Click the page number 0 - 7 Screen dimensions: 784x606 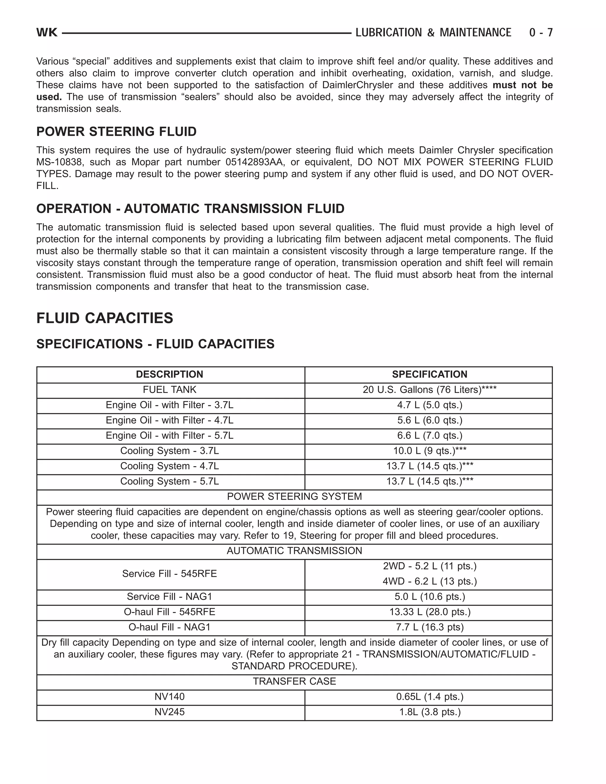click(541, 33)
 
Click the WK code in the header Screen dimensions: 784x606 click(47, 33)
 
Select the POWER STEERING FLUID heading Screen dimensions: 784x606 click(116, 132)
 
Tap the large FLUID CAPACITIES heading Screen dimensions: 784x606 click(104, 318)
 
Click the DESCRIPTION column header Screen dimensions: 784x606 click(170, 375)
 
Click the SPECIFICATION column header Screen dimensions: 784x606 click(429, 375)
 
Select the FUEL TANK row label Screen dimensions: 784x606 click(170, 390)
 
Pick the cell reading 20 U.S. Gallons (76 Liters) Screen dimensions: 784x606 click(429, 390)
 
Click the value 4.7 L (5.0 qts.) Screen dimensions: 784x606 click(429, 405)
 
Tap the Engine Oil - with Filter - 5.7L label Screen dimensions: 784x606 click(170, 436)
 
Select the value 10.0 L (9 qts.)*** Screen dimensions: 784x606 click(429, 451)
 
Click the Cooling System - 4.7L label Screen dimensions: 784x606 click(170, 466)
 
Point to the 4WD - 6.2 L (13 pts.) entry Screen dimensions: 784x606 click(429, 582)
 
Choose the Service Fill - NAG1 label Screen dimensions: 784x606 click(170, 597)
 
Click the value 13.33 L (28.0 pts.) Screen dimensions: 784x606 click(429, 612)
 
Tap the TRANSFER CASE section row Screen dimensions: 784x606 click(294, 681)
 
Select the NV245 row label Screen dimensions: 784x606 click(170, 712)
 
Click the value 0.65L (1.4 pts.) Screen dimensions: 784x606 click(429, 697)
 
